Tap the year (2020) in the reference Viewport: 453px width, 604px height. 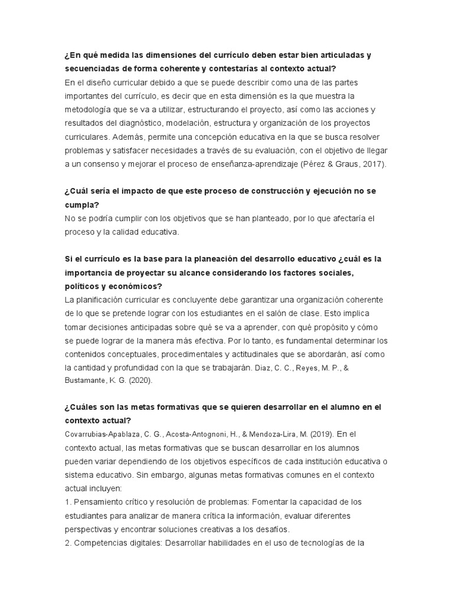pos(140,381)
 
